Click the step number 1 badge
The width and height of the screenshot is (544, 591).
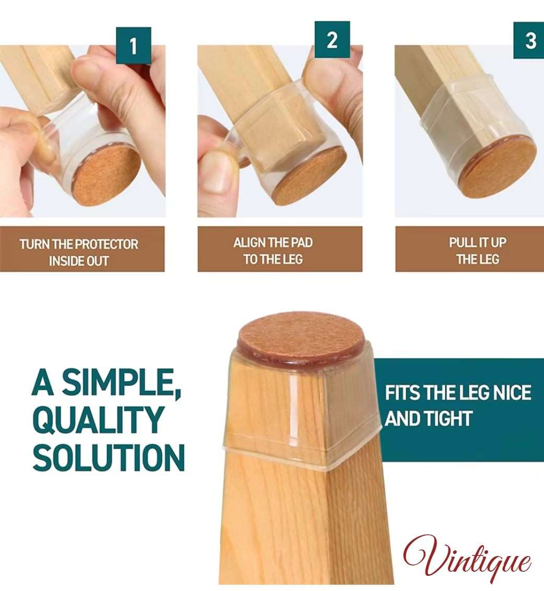pos(134,45)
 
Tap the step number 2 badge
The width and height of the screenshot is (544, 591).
pos(332,40)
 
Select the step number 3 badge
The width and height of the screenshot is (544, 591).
pos(529,40)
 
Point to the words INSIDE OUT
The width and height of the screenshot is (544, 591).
pos(78,261)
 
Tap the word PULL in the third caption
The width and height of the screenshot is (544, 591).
pos(460,243)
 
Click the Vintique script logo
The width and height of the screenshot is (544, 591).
pos(467,556)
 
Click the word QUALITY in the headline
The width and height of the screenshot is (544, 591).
pos(97,420)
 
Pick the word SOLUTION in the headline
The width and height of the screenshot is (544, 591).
pos(109,457)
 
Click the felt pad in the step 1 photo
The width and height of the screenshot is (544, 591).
pos(107,175)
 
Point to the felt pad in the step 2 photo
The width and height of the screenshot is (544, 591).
pos(310,175)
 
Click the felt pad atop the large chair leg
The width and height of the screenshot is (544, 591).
pos(301,336)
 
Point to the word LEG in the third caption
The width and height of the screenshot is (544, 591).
pos(489,259)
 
